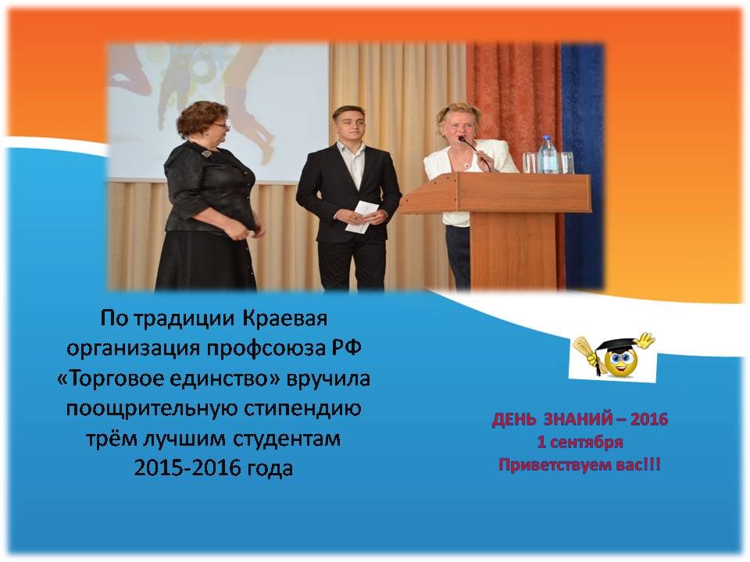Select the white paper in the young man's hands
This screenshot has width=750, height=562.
tap(362, 216)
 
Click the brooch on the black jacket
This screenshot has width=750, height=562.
tap(206, 154)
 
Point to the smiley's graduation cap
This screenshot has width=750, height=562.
tap(617, 345)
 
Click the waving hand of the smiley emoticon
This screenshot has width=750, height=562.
tap(646, 340)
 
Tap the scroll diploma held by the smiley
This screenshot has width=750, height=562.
tap(587, 350)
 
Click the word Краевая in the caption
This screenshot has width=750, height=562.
tap(285, 318)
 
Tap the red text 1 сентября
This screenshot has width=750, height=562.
tap(580, 442)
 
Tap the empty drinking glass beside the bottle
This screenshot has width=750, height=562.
tap(567, 162)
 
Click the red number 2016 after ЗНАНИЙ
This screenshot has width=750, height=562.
tap(649, 419)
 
